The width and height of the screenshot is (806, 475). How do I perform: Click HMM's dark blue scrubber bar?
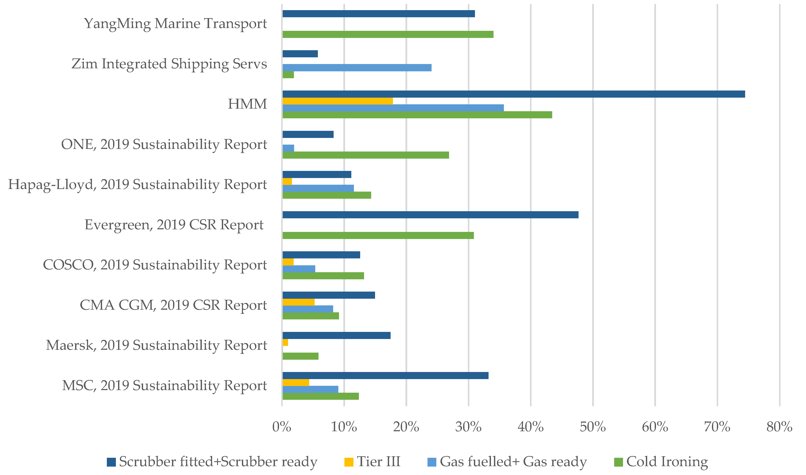click(x=513, y=94)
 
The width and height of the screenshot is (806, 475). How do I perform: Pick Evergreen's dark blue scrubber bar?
click(x=430, y=215)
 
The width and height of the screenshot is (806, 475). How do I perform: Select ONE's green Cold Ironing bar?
click(x=365, y=155)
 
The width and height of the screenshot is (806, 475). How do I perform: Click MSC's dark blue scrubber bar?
click(x=385, y=375)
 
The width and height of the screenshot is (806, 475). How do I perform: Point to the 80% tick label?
click(x=779, y=427)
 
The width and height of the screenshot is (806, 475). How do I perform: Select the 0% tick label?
click(x=281, y=427)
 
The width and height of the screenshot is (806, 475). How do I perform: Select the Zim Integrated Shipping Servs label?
click(x=169, y=64)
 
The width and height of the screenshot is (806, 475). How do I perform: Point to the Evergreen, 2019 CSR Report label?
click(x=174, y=225)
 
